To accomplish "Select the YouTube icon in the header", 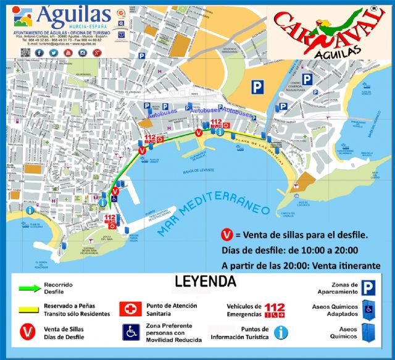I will click(x=68, y=52).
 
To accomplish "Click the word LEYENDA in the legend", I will click(x=205, y=282).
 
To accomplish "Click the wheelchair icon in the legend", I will click(x=130, y=332).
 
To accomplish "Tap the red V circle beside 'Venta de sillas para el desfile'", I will click(x=227, y=235).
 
